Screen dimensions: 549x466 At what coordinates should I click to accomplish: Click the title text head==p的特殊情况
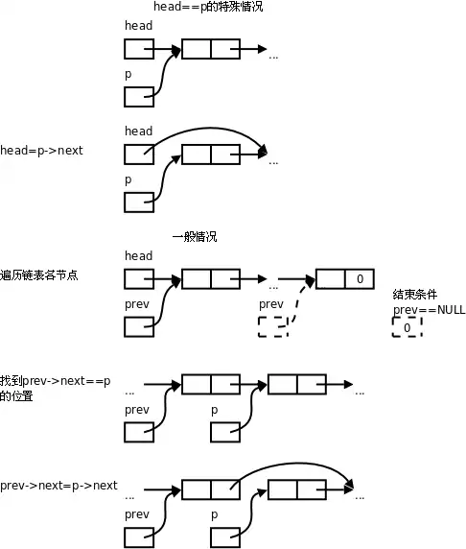208,7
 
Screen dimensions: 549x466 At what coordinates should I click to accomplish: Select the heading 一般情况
194,236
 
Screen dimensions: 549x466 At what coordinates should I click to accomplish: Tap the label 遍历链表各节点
39,274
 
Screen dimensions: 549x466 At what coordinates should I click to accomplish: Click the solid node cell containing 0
360,279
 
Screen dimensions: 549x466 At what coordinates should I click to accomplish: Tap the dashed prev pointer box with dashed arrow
273,327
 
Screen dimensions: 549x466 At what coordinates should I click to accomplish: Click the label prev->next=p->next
58,486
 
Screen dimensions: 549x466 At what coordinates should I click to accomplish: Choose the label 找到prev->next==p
56,381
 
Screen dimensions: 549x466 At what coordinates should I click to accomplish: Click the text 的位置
16,395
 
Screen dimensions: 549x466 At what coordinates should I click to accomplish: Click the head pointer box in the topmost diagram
139,48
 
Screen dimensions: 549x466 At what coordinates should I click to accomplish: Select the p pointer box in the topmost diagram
139,96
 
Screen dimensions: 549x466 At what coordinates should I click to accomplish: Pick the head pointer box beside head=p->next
139,154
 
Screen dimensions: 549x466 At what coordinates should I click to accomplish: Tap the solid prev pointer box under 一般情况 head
139,326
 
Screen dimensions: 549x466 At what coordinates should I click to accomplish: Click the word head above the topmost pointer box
138,25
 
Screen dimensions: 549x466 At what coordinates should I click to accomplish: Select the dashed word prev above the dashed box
271,304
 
